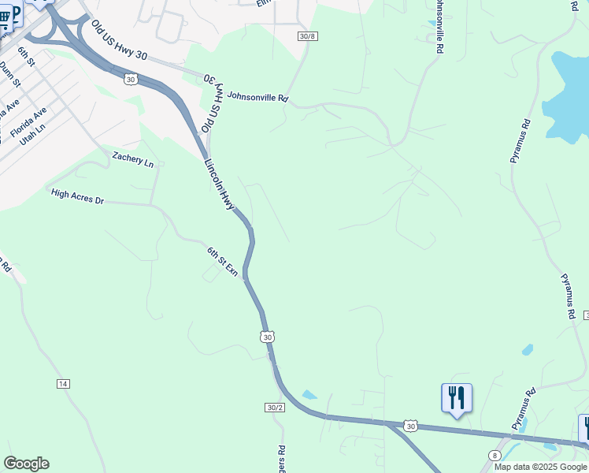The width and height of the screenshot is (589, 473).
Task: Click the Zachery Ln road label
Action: pos(132,158)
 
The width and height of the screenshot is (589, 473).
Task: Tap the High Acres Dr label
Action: pos(77,196)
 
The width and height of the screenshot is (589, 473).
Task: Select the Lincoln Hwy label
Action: pos(220,185)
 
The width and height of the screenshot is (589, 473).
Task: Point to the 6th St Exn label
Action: pos(223,260)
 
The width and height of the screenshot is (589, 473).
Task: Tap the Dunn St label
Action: pos(10,74)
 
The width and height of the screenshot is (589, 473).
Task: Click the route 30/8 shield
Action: pos(307,36)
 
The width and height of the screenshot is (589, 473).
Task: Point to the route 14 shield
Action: pos(63,383)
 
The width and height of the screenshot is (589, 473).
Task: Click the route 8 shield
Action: pos(495,455)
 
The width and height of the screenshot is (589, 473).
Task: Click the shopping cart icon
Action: pos(6,17)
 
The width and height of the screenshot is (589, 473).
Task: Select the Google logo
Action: pos(26,464)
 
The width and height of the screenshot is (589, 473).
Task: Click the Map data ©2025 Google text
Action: pos(540,467)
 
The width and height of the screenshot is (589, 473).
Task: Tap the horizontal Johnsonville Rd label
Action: pos(257,99)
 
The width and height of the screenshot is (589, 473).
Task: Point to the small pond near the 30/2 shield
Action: pos(309,395)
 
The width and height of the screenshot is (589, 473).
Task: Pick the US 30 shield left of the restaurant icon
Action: pos(410,426)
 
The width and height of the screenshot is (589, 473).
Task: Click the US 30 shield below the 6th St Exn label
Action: pos(268,337)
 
